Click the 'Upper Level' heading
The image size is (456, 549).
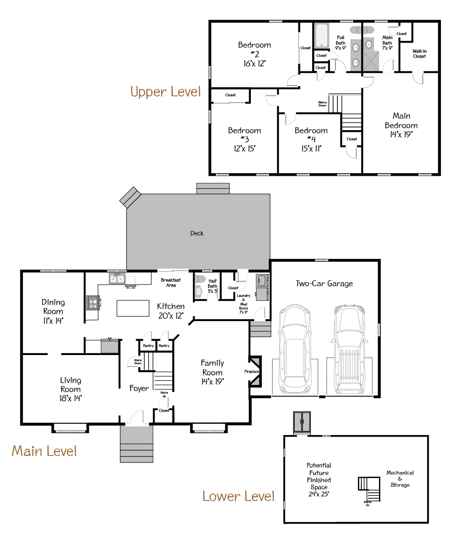click(165, 92)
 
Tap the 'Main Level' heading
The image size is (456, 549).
click(44, 451)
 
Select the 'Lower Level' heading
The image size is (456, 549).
click(238, 496)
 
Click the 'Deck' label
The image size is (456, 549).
click(197, 233)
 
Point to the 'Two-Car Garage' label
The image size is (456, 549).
click(324, 284)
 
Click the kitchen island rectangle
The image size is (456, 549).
click(132, 308)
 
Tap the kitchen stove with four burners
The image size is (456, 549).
click(94, 303)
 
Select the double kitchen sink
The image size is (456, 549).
click(117, 279)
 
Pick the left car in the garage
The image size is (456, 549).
click(293, 349)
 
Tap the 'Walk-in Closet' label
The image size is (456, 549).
click(419, 54)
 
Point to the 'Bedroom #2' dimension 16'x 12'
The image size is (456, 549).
click(254, 63)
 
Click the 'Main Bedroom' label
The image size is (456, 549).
click(401, 121)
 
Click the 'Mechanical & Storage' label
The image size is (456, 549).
click(400, 479)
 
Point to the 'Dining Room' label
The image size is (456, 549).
click(53, 307)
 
